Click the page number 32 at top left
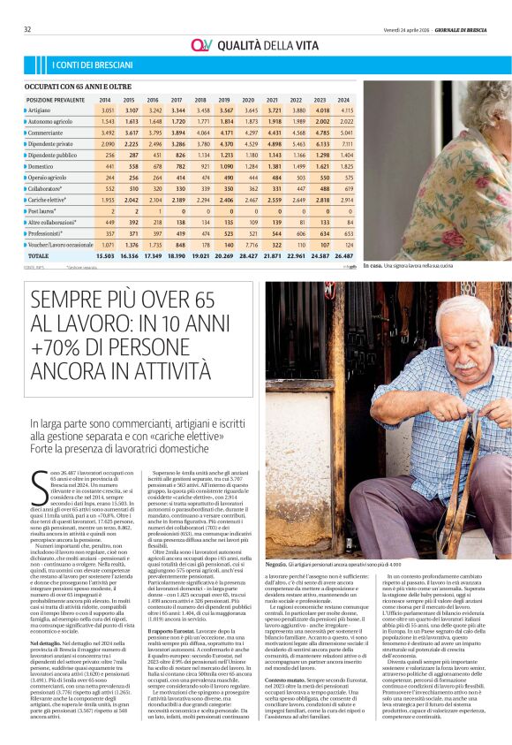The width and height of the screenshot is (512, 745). point(28,28)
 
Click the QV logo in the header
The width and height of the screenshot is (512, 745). point(202,44)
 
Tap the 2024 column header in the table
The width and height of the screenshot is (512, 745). point(343,100)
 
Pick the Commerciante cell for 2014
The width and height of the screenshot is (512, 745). point(108,133)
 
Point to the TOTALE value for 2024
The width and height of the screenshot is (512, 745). point(343,255)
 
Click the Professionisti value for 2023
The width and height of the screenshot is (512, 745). point(320,233)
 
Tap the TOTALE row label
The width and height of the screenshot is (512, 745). point(40,255)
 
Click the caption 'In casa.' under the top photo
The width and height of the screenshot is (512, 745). point(373,265)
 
